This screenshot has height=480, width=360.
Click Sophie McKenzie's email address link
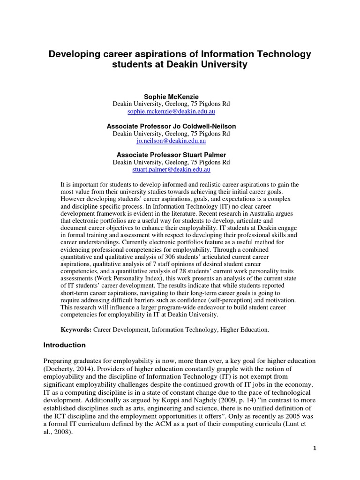pos(171,112)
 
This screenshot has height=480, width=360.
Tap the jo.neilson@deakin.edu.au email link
pos(171,141)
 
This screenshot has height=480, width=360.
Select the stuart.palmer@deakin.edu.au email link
pos(171,169)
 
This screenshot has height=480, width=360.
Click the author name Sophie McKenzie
pos(171,97)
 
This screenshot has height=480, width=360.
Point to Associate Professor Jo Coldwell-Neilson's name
pos(171,126)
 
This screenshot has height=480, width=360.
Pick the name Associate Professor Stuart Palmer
pos(171,155)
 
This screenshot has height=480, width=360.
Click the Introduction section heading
pos(65,345)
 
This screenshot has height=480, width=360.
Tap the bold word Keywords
pos(76,330)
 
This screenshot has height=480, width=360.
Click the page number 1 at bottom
pos(315,448)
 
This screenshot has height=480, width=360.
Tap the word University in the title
pos(223,65)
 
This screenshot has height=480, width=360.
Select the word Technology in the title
pos(285,54)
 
